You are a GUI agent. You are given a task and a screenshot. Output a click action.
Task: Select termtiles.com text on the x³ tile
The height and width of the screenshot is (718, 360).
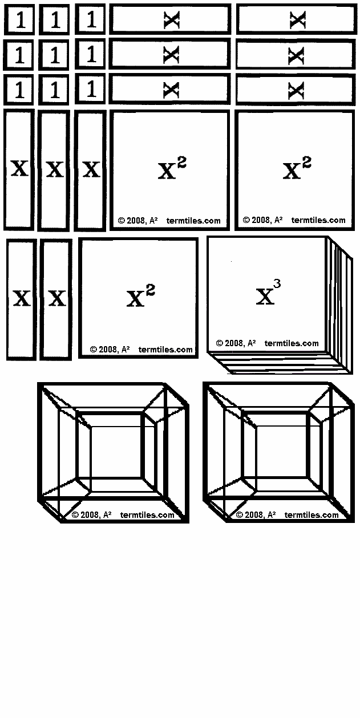pos(292,343)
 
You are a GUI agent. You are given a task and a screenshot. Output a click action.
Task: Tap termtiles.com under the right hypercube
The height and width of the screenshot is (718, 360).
pos(311,515)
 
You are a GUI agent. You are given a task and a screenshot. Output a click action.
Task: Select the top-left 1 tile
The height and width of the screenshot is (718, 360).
pos(20,20)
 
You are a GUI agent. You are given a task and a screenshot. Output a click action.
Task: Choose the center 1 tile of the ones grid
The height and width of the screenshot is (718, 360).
pos(55,55)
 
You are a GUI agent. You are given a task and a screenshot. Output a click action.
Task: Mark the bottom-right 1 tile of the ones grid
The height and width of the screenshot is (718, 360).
pos(91,90)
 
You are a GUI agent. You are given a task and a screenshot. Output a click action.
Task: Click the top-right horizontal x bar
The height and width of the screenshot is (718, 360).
pos(296,20)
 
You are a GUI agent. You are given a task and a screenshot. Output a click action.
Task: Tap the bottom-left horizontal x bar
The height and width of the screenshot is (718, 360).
pos(169,90)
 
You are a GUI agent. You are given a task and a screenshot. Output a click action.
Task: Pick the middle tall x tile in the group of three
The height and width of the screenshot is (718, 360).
pos(55,169)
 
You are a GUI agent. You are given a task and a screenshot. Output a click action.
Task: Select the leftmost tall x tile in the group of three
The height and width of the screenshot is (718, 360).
pos(19,169)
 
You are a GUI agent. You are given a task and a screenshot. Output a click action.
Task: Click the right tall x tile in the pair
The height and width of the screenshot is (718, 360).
pos(56,299)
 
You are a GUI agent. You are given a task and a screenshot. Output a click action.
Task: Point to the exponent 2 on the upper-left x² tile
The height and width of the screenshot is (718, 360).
pos(181,163)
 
